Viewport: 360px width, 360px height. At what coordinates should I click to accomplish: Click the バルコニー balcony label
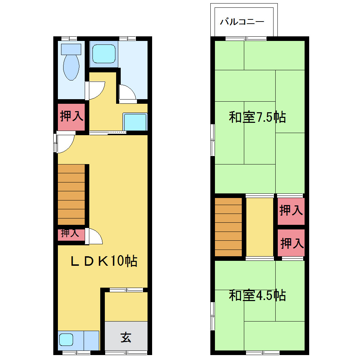(242, 22)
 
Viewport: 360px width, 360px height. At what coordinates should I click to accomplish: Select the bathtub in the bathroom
(104, 54)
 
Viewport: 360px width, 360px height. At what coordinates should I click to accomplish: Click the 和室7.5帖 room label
(257, 117)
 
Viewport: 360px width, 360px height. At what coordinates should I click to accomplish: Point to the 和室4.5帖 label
(257, 295)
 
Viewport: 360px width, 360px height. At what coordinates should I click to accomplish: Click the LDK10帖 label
(104, 261)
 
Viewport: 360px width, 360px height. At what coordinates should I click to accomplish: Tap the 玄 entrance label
(126, 337)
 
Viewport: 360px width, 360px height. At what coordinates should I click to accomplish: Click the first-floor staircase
(71, 195)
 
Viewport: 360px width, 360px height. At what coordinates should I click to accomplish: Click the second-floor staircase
(228, 227)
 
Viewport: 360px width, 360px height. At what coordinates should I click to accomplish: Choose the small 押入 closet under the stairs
(71, 235)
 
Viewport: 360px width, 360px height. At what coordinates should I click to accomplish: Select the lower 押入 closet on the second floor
(291, 243)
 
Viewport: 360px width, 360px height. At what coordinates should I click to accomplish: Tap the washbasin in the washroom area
(135, 122)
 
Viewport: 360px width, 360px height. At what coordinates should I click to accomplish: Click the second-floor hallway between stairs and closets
(260, 227)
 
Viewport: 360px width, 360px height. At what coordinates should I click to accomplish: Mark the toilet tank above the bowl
(71, 49)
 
